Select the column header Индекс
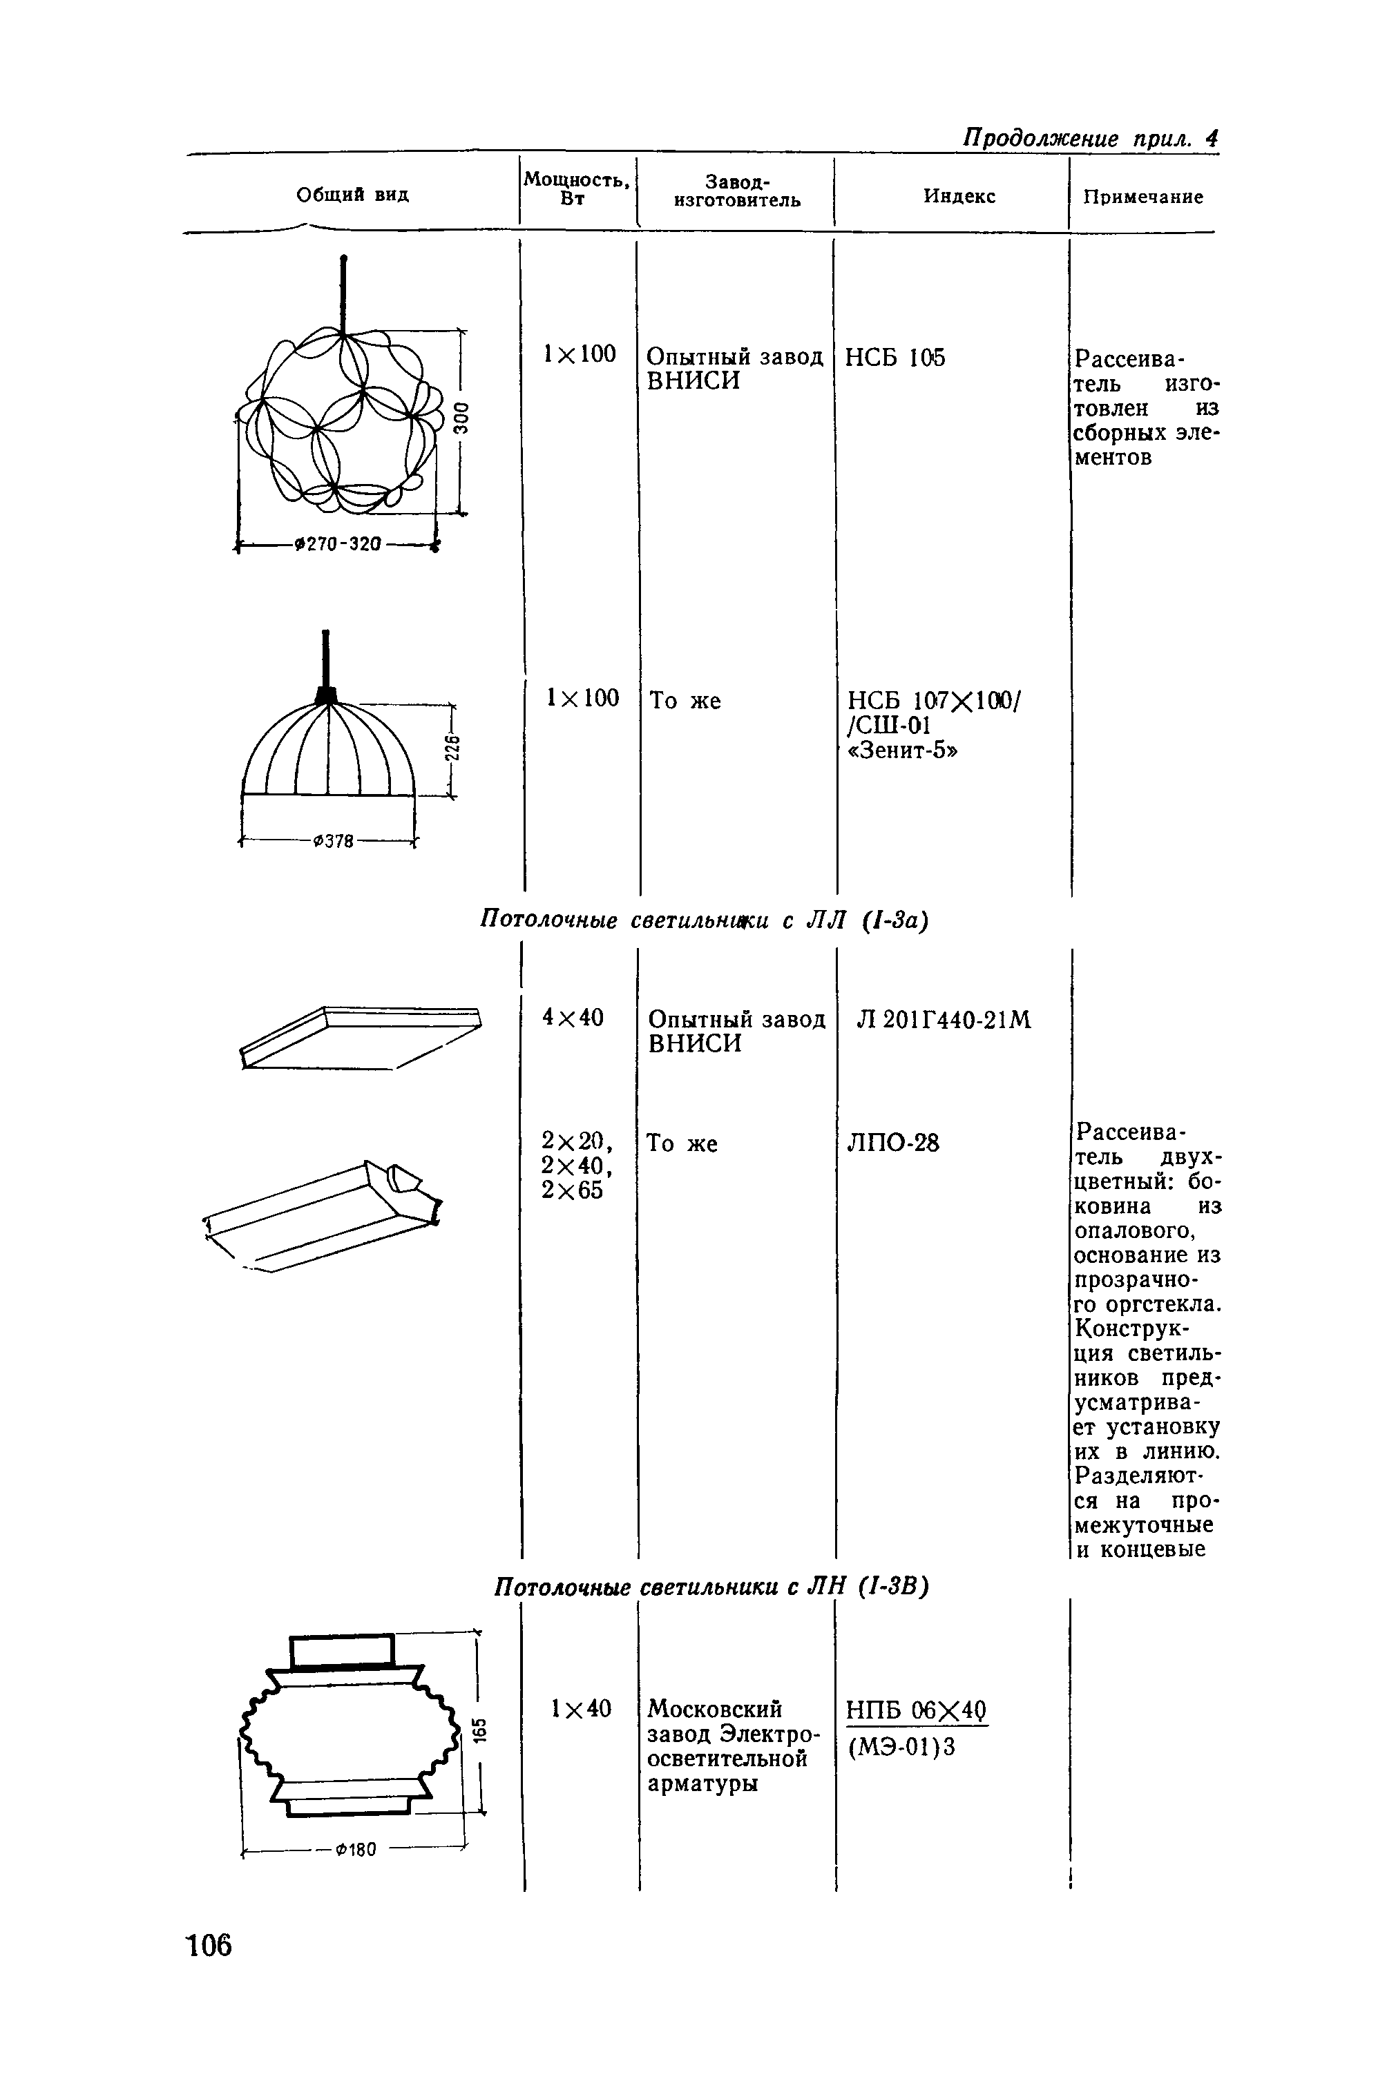(x=959, y=196)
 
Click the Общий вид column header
(x=352, y=195)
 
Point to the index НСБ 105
(x=895, y=358)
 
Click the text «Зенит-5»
(x=903, y=750)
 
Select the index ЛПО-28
(x=892, y=1143)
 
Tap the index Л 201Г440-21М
(x=944, y=1021)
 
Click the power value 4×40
(x=573, y=1018)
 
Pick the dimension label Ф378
(x=333, y=842)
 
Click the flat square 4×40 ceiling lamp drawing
(x=360, y=1036)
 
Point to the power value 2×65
(x=573, y=1191)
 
